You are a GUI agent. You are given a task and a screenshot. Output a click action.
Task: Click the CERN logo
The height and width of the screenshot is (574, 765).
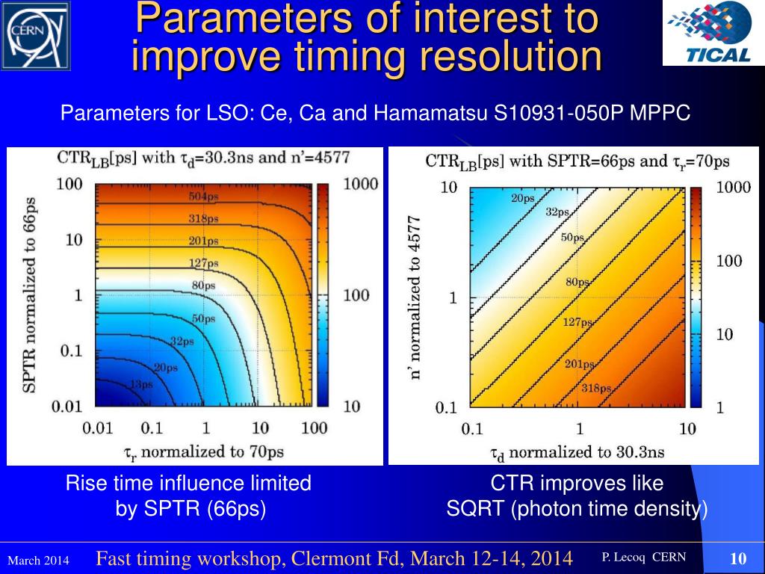[x=35, y=35]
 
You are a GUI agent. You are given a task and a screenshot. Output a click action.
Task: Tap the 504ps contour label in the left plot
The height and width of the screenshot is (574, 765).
[x=202, y=197]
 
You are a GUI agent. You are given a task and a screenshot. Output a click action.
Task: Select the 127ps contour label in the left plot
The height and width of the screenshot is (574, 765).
[x=204, y=264]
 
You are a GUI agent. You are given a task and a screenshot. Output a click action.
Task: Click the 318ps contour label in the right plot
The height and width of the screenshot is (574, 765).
[x=596, y=388]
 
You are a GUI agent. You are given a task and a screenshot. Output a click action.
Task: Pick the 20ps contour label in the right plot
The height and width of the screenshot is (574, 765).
[x=523, y=199]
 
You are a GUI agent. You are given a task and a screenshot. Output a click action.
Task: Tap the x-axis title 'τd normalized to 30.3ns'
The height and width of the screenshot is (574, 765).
[x=577, y=453]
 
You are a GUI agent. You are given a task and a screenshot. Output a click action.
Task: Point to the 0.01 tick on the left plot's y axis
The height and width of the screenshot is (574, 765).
[x=68, y=407]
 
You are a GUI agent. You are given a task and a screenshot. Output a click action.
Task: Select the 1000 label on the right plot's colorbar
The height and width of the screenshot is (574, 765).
[x=734, y=188]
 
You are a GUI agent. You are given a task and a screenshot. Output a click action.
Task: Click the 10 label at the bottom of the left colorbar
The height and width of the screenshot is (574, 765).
[x=352, y=407]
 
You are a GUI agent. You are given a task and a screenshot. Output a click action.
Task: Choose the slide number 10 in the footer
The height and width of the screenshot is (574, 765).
[x=738, y=559]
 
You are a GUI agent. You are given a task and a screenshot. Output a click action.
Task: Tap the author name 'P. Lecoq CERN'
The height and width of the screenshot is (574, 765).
[x=643, y=558]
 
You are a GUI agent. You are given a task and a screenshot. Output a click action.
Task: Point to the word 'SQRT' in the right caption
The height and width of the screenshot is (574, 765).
[x=477, y=509]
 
